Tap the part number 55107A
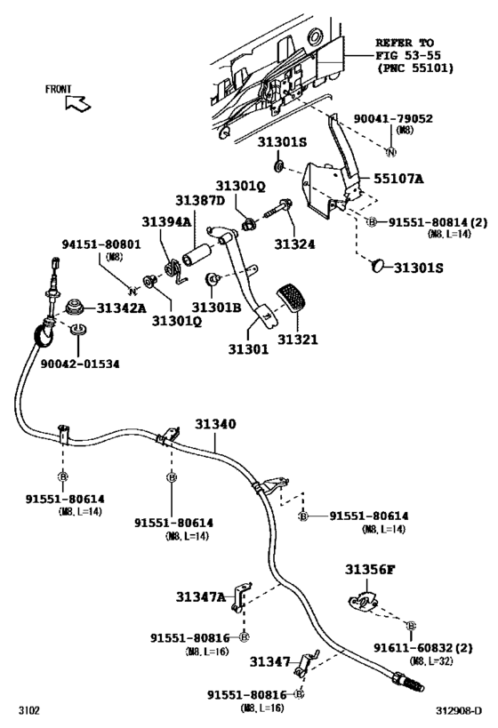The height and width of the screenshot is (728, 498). (398, 179)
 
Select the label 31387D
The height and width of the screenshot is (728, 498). (201, 201)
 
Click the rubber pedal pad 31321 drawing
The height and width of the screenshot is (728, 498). (293, 301)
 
